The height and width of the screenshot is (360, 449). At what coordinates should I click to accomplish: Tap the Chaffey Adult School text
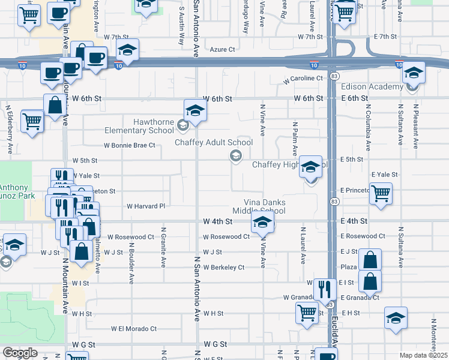coord(214,143)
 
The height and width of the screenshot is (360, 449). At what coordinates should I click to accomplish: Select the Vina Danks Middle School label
coord(264,206)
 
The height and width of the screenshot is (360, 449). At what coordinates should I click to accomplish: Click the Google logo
coord(20,353)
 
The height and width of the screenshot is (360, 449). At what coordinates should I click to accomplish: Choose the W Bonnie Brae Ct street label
coord(129,145)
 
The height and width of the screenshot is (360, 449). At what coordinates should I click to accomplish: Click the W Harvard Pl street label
coord(145,206)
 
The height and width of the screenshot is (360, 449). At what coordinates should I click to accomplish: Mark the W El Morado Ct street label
coord(133,329)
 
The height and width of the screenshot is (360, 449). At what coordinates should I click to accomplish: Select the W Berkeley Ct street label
coord(224,267)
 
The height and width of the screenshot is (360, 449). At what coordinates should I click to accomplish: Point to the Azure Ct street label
coord(222,50)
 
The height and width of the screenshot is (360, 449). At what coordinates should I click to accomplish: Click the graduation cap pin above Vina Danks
coord(262,223)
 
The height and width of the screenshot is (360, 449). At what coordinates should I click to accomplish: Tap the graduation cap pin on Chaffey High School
coord(310,167)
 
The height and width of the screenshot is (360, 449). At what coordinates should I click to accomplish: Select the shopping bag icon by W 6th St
coord(55,105)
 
